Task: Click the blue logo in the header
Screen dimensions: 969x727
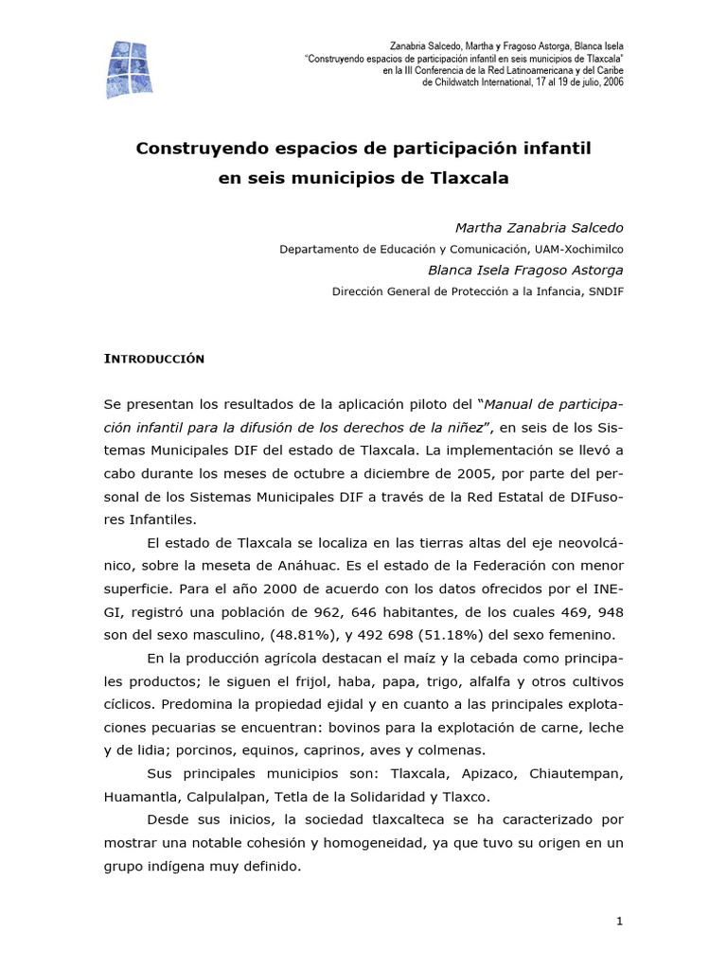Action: click(x=129, y=69)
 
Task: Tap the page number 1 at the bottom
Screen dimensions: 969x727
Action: click(x=619, y=923)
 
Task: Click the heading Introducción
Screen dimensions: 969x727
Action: click(x=153, y=360)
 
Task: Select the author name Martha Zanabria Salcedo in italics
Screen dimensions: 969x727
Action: click(x=540, y=228)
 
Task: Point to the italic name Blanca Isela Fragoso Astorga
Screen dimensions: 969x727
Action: click(x=526, y=270)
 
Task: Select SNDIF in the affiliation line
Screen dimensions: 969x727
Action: click(x=604, y=291)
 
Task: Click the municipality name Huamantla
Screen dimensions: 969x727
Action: click(x=140, y=796)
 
